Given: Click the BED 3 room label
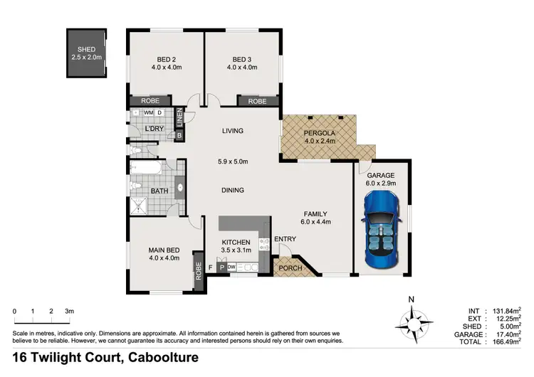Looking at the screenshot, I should tap(242, 59).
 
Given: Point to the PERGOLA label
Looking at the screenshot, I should tap(318, 132).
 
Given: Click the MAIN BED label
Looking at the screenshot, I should tap(164, 250).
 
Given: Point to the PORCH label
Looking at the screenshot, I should tap(290, 268).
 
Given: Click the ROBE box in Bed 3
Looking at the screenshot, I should tap(257, 102).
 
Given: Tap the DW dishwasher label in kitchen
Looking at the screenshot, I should tap(231, 267).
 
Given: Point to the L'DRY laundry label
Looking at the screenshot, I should tap(155, 129).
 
